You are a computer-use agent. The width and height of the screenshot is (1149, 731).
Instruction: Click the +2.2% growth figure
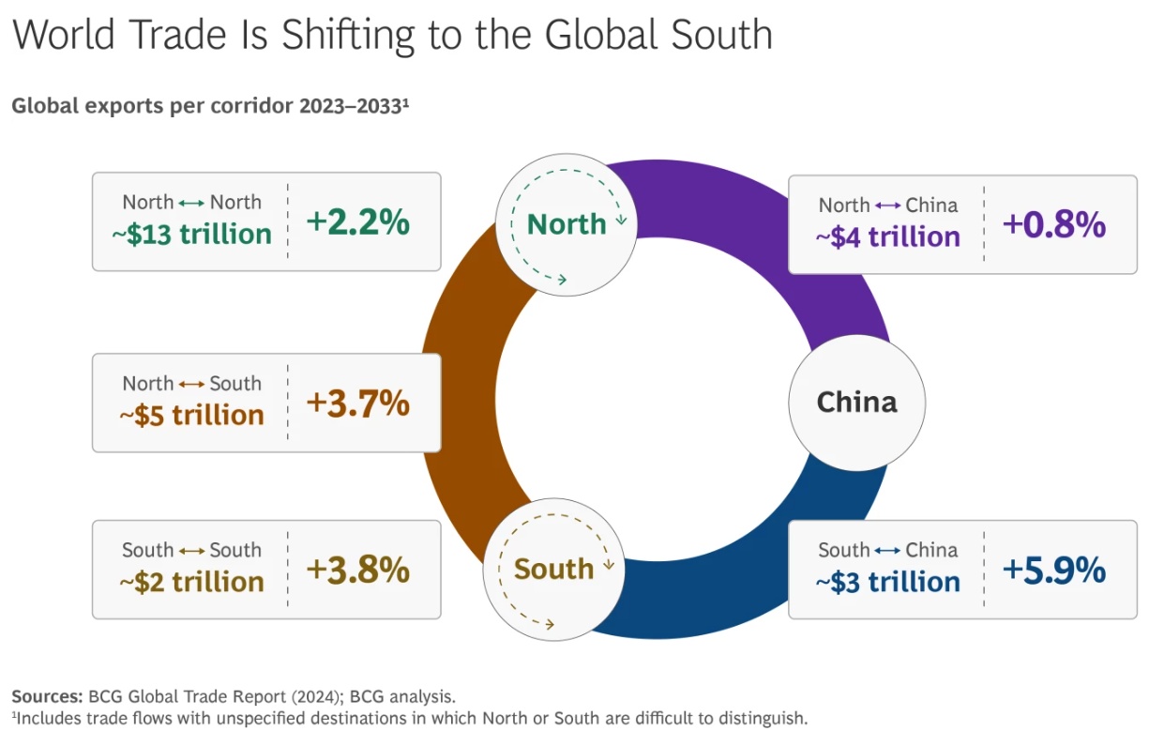(357, 222)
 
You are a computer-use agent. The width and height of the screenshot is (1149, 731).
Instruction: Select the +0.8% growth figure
(1054, 225)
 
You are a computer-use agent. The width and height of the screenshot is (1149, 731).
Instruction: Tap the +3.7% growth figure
(357, 404)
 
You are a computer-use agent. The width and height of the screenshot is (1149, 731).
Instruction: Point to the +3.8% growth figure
(357, 571)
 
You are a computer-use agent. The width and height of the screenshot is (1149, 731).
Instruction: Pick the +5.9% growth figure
(1054, 571)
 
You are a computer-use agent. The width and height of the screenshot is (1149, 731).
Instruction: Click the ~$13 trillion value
(191, 234)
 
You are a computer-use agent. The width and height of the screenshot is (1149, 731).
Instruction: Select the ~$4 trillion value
(887, 236)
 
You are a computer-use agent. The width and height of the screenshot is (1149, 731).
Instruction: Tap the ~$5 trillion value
(191, 415)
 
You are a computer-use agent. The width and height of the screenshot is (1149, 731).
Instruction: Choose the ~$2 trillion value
(191, 582)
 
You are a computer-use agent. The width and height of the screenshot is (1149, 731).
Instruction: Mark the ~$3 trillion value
(887, 582)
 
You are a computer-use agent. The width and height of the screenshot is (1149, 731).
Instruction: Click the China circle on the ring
(856, 404)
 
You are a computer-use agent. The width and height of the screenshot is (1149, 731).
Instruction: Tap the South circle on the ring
(553, 569)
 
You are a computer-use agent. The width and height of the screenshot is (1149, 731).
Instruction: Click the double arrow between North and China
(887, 206)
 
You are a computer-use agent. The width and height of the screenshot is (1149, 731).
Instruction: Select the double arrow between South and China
(887, 551)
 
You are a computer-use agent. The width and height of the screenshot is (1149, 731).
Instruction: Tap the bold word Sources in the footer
(47, 696)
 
